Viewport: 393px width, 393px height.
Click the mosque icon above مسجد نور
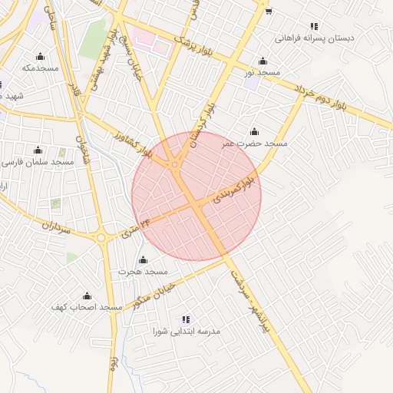[x=263, y=61]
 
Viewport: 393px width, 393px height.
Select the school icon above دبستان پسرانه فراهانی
[x=314, y=25]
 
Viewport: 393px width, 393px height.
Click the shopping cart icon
[x=268, y=11]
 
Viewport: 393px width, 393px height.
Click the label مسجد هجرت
[x=143, y=272]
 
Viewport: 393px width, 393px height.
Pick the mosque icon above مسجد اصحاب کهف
[x=87, y=296]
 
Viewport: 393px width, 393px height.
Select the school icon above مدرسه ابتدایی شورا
[x=186, y=319]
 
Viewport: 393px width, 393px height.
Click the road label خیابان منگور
[x=155, y=295]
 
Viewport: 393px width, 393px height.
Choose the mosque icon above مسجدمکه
[x=40, y=56]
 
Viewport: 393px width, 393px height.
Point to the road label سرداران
[x=55, y=228]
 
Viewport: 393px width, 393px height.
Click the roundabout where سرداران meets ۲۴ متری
[x=101, y=237]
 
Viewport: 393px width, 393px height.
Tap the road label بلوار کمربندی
[x=235, y=190]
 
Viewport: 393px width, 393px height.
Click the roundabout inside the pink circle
[x=176, y=164]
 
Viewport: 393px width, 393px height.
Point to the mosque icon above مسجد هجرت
[x=143, y=259]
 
